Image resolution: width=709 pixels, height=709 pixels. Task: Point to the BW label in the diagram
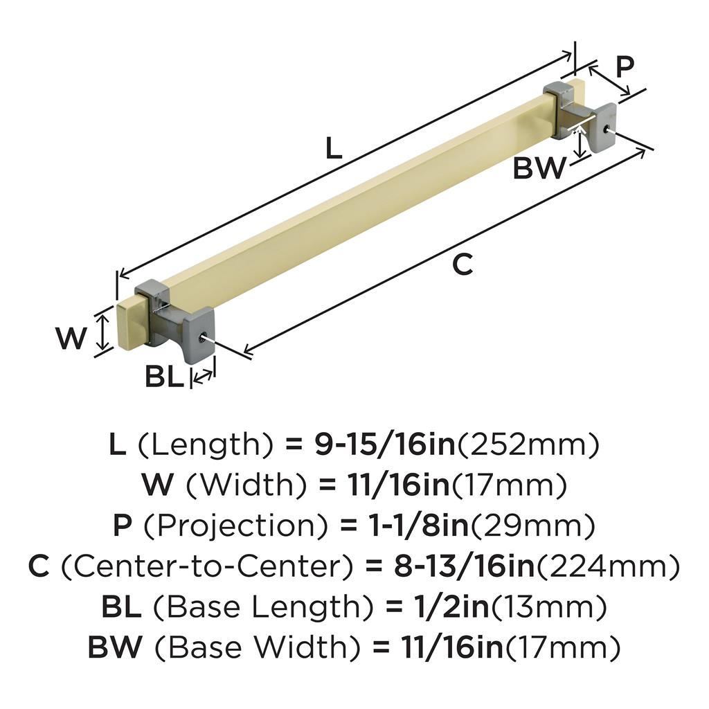pos(539,168)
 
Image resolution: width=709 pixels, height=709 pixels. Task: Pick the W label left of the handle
pos(71,338)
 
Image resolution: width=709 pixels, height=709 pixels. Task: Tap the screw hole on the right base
pos(606,129)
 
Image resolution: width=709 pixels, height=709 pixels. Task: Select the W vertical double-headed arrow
pos(104,332)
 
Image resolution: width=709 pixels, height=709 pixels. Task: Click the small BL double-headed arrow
pos(203,375)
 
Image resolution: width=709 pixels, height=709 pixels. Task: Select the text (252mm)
pos(528,445)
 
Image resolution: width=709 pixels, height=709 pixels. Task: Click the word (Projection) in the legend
pos(235,526)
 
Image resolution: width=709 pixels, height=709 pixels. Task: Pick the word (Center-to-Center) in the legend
pos(206,566)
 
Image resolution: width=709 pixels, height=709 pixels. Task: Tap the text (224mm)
pos(609,566)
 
